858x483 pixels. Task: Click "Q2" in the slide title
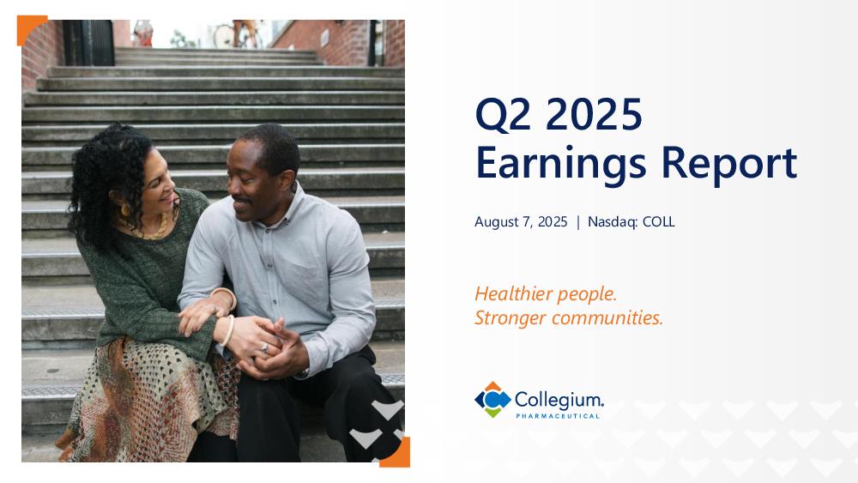coord(503,115)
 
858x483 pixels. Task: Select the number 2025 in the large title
coord(594,114)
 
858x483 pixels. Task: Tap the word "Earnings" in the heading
coord(561,164)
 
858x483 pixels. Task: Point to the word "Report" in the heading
coord(728,164)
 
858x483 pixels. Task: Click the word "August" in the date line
coord(496,222)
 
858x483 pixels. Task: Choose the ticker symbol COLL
coord(658,221)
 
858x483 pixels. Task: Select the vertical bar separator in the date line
coord(577,222)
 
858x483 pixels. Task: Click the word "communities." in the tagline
coord(607,317)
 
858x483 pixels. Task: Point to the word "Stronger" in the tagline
coord(510,318)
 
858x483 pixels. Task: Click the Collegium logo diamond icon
coord(492,400)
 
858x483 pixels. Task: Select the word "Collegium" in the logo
coord(559,400)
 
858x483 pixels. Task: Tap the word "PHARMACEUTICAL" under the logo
coord(558,416)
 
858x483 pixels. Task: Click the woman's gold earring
coord(126,210)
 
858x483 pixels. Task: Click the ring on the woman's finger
coord(265,348)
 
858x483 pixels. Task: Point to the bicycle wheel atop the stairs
coord(224,36)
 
